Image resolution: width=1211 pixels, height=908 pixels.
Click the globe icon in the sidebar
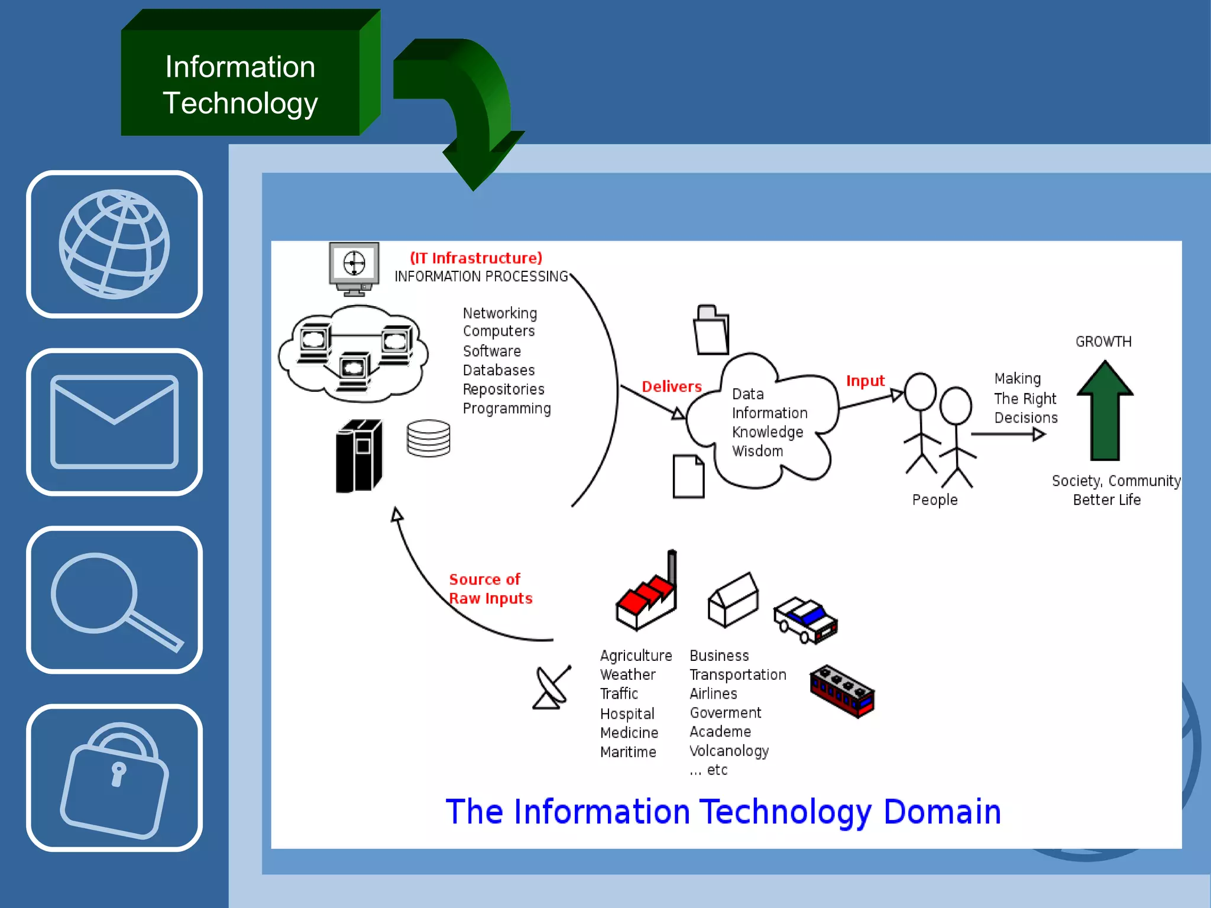click(x=114, y=244)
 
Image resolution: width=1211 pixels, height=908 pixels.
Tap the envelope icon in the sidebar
click(x=114, y=421)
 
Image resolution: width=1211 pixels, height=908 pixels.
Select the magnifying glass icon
click(x=114, y=599)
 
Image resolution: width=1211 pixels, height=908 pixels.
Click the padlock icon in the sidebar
click(x=114, y=778)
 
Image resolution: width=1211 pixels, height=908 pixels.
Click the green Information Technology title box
click(x=240, y=85)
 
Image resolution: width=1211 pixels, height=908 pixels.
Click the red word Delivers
click(x=672, y=387)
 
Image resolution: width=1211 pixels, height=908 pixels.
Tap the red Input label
click(x=865, y=381)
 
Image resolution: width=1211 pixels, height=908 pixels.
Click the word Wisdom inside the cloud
click(x=757, y=451)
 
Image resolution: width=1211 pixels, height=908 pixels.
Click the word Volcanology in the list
click(x=729, y=751)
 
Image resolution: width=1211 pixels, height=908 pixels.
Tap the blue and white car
click(x=806, y=620)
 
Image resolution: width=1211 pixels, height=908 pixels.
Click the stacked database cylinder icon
click(x=429, y=438)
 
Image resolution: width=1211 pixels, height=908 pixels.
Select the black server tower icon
click(x=359, y=456)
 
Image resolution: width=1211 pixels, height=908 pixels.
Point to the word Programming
click(x=507, y=408)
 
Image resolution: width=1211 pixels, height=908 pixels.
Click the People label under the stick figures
click(x=935, y=500)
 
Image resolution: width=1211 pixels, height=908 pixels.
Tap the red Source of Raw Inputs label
click(x=490, y=589)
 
